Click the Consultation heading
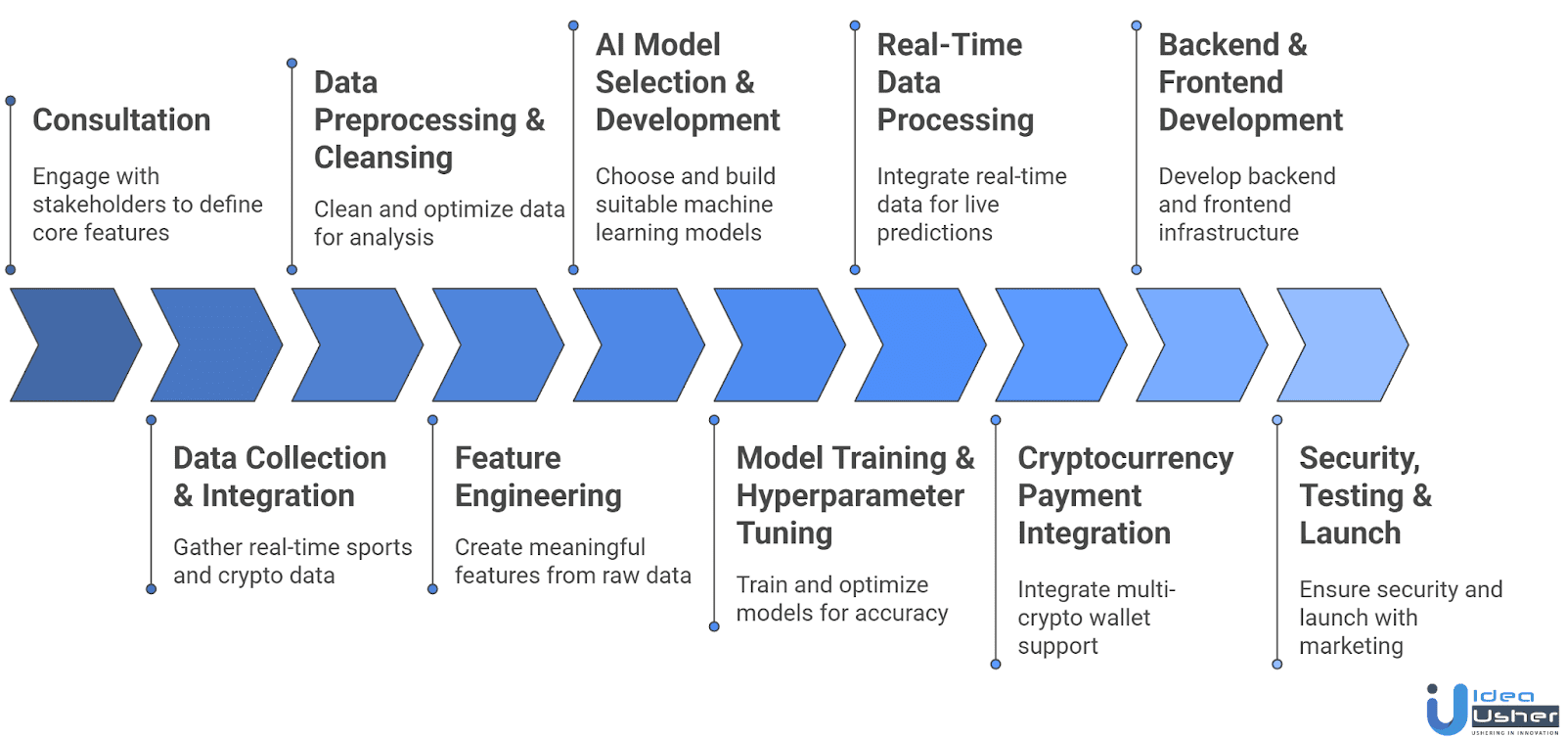pos(121,119)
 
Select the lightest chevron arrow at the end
pos(1342,345)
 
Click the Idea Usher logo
pos(1492,710)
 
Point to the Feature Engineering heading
pos(538,477)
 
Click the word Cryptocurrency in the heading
pos(1125,458)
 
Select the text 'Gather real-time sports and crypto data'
pos(292,561)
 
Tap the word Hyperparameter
pos(850,495)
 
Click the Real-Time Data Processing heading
pos(955,82)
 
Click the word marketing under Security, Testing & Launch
pos(1351,646)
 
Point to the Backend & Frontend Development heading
pos(1249,82)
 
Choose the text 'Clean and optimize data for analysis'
pos(439,223)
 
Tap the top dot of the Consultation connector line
pos(11,101)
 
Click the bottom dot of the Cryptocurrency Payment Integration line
pos(996,665)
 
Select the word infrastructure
pos(1229,233)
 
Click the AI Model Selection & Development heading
pos(687,82)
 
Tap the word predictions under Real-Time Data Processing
pos(934,233)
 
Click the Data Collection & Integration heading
pos(279,477)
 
